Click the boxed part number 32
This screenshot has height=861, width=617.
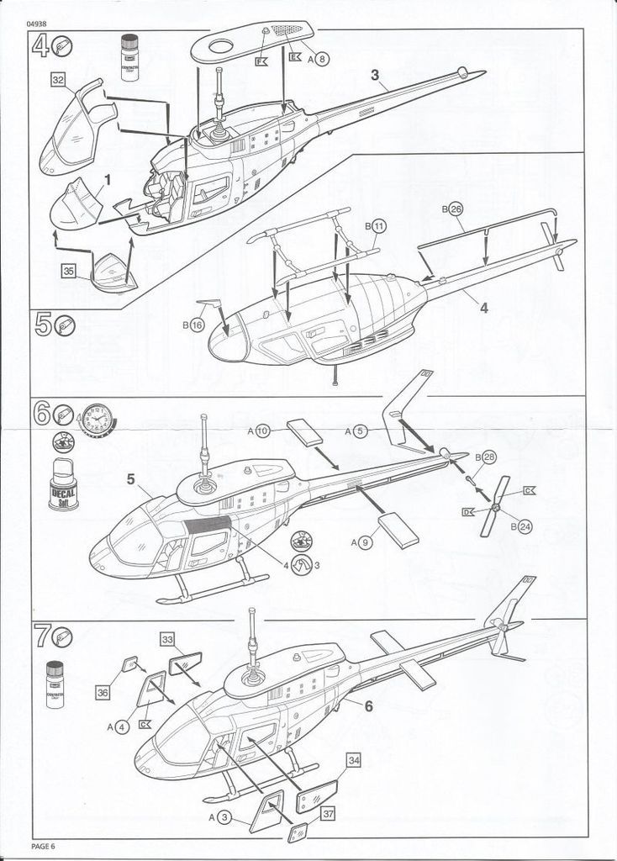coord(58,80)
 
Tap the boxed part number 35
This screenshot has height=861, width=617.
coord(69,270)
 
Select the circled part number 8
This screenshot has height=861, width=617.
coord(323,59)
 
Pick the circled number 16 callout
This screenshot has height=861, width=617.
coord(197,325)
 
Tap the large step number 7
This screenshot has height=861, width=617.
coord(40,637)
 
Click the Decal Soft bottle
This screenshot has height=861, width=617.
coord(62,485)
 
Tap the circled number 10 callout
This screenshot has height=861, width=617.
coord(261,431)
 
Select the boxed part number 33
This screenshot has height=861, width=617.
coord(168,640)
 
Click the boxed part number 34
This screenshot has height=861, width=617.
coord(354,760)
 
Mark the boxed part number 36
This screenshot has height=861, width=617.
coord(103,692)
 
